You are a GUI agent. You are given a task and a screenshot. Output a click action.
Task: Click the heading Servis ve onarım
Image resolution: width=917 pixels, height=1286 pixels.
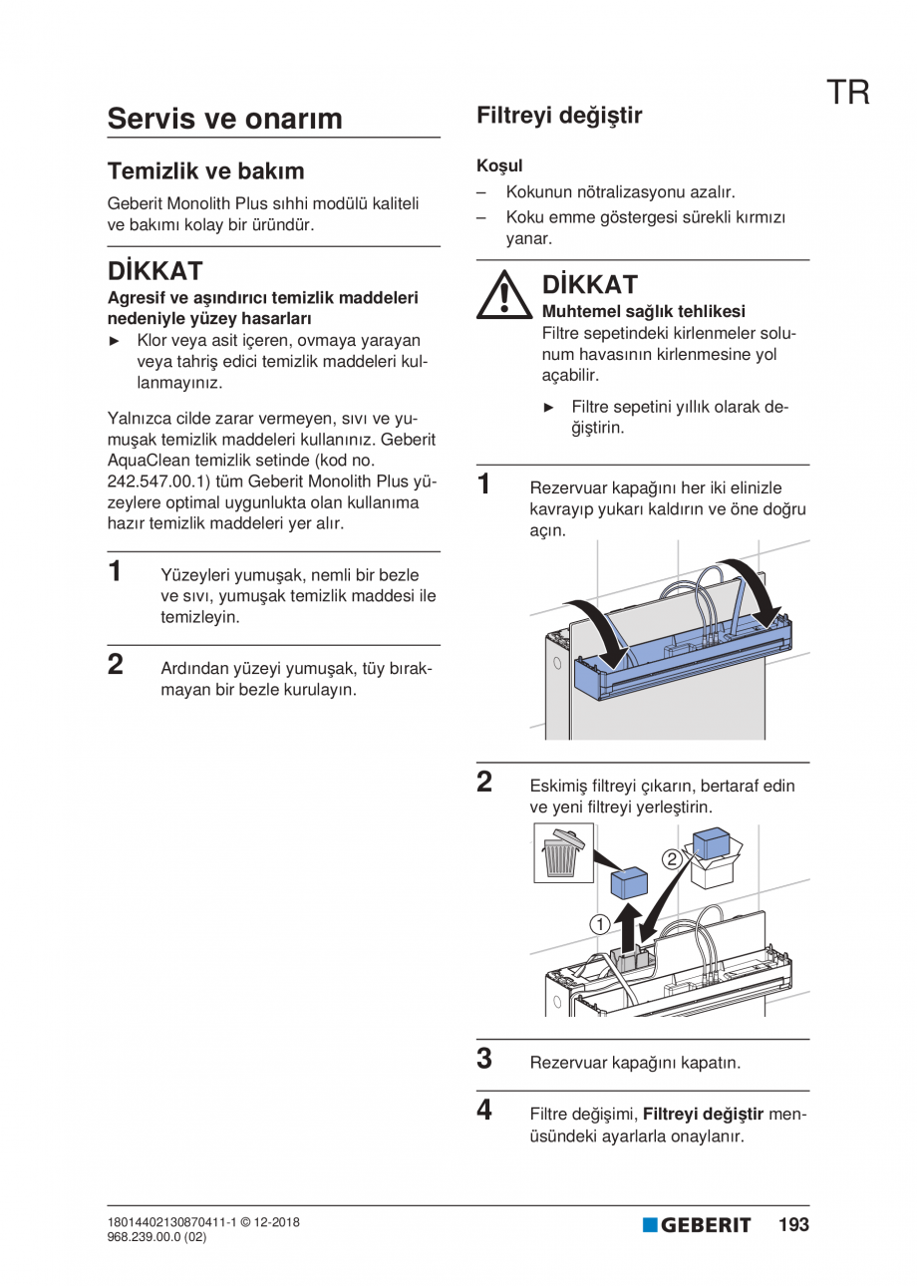224,119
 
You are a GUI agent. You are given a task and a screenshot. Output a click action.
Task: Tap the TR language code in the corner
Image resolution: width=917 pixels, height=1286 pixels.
848,93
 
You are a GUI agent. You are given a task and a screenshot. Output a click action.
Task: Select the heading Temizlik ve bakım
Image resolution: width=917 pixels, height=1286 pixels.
205,170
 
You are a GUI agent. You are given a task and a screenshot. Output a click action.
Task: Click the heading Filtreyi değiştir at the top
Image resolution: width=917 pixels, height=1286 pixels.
559,116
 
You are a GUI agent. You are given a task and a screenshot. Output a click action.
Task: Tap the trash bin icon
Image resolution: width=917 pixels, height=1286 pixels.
560,851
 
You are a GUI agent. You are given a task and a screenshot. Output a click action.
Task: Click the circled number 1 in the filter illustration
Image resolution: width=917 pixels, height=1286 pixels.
599,924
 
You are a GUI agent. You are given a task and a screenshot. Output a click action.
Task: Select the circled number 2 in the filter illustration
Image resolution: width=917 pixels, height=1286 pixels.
673,857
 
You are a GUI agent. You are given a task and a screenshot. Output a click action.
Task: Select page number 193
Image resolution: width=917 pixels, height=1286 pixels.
793,1224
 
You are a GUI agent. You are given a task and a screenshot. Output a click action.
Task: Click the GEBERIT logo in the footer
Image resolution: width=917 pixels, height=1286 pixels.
697,1225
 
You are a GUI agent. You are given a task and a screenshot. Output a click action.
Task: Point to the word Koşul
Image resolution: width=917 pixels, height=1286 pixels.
499,165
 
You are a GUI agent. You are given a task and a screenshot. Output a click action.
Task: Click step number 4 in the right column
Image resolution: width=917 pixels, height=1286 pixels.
484,1110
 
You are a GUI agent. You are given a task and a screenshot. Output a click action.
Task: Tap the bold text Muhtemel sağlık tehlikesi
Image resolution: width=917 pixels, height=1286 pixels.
643,311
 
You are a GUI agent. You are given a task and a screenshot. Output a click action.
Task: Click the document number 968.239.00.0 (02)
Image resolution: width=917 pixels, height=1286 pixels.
156,1237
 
